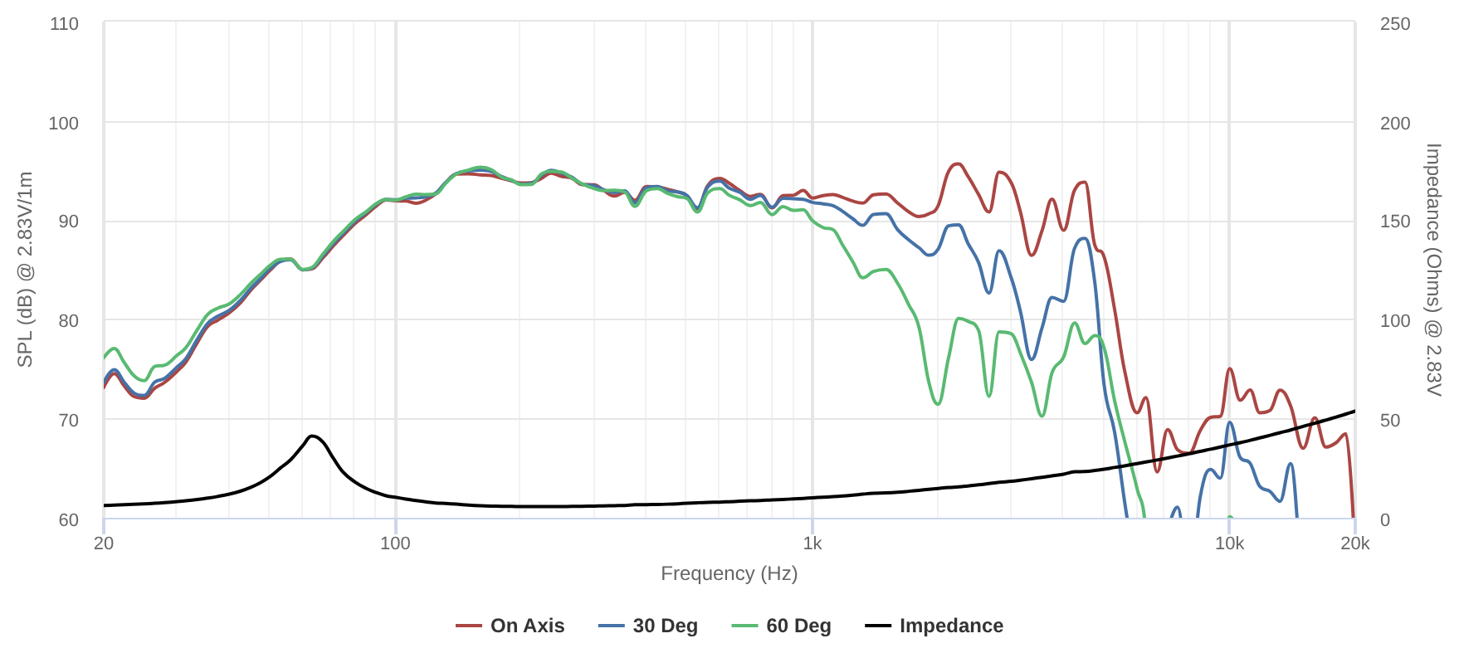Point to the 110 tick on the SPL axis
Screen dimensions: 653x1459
click(x=64, y=24)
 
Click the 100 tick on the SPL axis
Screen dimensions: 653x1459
click(x=64, y=124)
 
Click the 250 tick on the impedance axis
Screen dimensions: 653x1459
click(x=1395, y=24)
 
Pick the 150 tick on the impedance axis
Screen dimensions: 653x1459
click(x=1395, y=222)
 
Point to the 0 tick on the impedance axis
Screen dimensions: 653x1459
click(x=1385, y=520)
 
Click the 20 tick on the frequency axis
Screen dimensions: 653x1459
click(x=104, y=543)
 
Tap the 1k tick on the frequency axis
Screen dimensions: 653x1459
click(x=812, y=543)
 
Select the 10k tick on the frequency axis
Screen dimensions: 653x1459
click(x=1229, y=543)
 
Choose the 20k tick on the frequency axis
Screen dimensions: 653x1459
click(x=1355, y=543)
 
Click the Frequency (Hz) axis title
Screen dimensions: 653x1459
click(x=729, y=573)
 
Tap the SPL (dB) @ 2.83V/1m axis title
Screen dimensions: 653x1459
click(x=26, y=270)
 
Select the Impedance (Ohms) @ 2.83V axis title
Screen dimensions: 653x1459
click(x=1433, y=270)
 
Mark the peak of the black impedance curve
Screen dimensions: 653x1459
click(x=313, y=436)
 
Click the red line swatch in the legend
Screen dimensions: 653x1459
click(x=469, y=626)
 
